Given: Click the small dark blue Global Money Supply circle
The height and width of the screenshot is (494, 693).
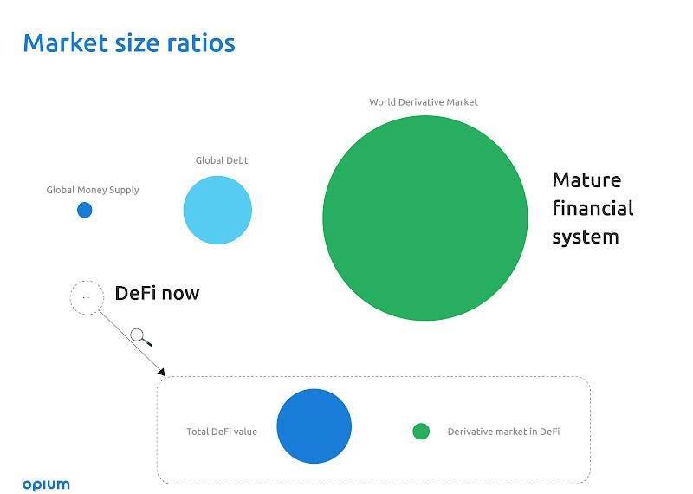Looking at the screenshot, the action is [84, 210].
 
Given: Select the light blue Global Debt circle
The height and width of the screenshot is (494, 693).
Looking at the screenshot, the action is [217, 210].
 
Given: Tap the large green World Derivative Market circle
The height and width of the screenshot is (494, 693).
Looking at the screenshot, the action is [425, 218].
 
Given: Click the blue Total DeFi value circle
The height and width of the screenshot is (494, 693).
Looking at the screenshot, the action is [314, 426].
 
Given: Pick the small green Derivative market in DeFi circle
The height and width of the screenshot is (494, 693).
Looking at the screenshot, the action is [421, 432].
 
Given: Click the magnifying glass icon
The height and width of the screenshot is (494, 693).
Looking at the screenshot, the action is [140, 337].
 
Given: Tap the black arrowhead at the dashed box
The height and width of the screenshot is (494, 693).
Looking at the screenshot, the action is [162, 373].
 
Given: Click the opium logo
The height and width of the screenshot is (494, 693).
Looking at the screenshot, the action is [47, 484].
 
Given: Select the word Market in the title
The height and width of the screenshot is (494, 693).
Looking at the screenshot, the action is [66, 42].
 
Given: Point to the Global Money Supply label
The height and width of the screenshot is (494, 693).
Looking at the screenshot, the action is [93, 190].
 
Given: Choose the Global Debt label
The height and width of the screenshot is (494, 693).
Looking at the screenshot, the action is [222, 160].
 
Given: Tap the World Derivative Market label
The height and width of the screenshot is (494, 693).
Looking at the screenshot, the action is [424, 102].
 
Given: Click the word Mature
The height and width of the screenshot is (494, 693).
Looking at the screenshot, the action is [587, 180].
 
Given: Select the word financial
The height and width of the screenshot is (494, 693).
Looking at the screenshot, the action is [593, 208].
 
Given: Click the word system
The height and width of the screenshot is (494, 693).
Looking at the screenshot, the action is [586, 237].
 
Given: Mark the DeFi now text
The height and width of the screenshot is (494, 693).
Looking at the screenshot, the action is [158, 293].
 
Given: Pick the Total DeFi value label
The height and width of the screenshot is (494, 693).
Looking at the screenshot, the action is [222, 432].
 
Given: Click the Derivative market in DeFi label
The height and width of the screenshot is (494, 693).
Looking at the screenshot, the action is [504, 432].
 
